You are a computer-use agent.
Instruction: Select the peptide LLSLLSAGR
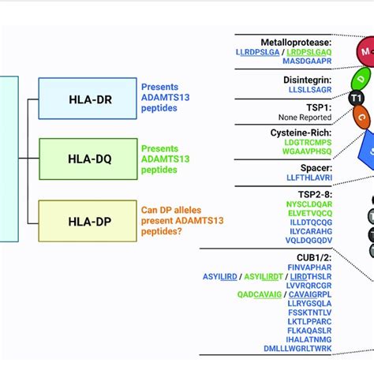(309, 90)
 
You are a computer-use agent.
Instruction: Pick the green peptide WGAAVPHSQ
(309, 151)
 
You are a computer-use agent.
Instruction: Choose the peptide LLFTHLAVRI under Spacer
(309, 178)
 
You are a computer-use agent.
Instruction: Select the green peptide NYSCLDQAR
(309, 204)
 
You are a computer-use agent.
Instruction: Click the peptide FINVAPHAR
(309, 266)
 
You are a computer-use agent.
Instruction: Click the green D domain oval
(361, 79)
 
